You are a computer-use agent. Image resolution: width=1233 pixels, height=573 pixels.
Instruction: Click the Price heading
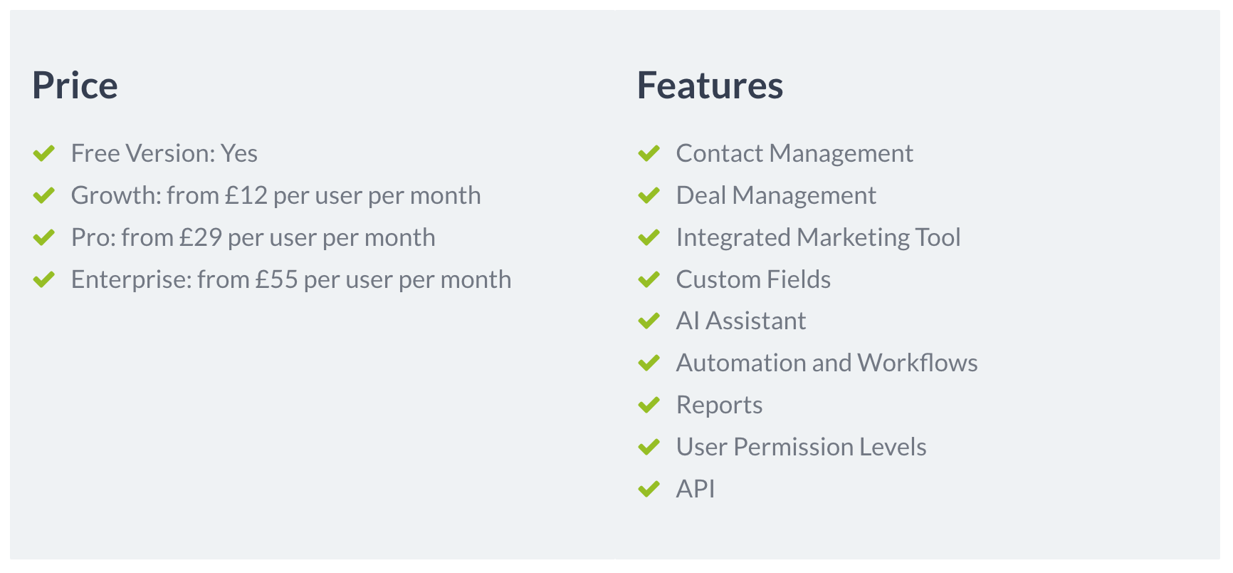point(75,86)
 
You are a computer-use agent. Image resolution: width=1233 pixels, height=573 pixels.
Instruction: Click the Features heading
point(710,86)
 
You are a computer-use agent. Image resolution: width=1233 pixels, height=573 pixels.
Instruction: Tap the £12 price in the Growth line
point(246,195)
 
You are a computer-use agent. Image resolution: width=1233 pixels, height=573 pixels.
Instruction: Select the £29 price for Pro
point(201,237)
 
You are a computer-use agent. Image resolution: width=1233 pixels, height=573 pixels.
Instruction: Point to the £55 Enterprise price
point(277,279)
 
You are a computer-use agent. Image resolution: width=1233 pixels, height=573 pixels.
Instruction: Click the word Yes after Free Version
point(239,153)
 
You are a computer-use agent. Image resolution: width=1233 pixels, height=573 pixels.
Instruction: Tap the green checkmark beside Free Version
point(44,153)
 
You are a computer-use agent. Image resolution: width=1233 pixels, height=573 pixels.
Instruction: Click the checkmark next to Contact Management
point(649,153)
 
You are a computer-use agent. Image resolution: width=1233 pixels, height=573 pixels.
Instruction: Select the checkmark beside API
point(649,489)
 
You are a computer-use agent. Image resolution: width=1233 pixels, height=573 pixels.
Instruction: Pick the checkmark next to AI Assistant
point(649,321)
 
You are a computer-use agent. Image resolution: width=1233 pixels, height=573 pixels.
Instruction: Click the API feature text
point(696,489)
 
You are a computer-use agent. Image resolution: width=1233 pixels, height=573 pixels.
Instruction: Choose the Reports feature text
point(719,405)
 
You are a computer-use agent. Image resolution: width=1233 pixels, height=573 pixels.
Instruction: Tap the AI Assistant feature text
point(741,321)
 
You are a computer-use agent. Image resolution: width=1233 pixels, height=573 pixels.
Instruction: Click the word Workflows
point(918,363)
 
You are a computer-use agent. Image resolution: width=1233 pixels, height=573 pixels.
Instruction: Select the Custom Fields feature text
point(753,279)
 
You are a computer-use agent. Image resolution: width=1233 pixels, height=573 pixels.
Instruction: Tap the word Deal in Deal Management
point(701,195)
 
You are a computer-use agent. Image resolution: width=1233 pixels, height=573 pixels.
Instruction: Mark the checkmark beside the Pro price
point(44,237)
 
